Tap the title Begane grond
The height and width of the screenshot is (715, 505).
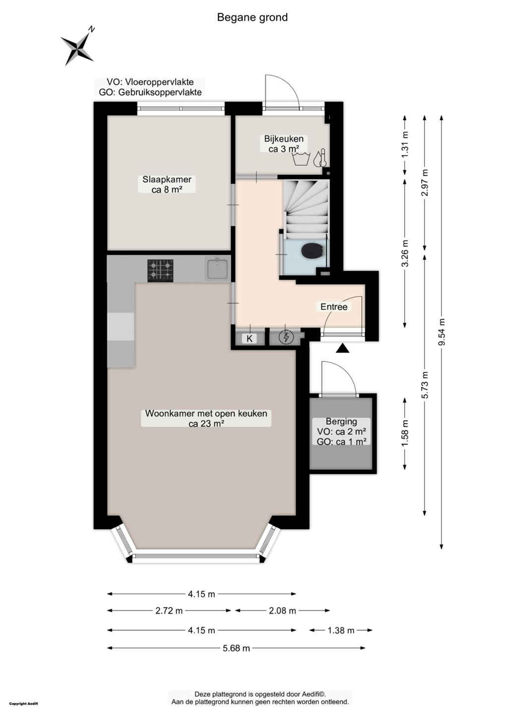[252, 17]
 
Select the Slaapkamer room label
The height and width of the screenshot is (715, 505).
[167, 184]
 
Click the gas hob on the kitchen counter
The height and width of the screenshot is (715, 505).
[160, 270]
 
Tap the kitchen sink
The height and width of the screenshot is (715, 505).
[218, 269]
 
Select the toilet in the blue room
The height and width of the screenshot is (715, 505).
[312, 250]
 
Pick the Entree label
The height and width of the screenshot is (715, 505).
[334, 307]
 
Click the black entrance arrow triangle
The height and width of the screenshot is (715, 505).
[342, 348]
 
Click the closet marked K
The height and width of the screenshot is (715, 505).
[250, 338]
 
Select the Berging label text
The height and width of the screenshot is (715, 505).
[341, 422]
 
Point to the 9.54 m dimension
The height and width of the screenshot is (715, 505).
[442, 332]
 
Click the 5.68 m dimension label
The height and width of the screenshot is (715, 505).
[236, 648]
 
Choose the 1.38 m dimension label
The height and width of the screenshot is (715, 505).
[341, 630]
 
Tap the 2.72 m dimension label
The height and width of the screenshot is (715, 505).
[169, 611]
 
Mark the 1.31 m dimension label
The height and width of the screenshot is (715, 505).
[405, 144]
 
